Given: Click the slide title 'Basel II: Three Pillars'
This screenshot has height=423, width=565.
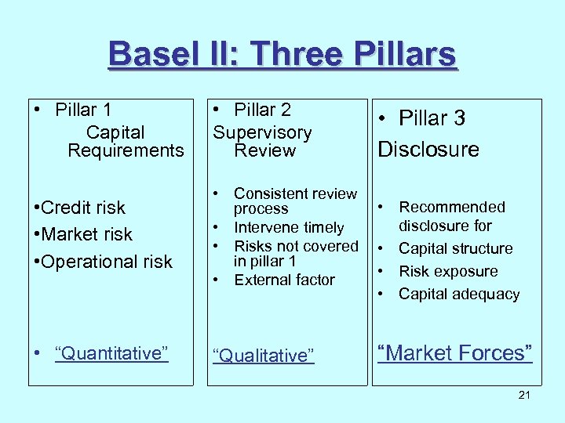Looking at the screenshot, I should coord(282,55).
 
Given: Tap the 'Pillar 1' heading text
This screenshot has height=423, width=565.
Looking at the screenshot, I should coord(84,110).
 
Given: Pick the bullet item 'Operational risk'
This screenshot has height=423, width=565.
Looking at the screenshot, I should coord(102,262).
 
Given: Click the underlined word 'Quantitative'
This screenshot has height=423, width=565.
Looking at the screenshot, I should coord(111,353).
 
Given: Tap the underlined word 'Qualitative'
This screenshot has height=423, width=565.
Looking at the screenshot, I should coord(263,356).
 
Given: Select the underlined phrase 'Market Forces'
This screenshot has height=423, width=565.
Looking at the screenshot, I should coord(455,353).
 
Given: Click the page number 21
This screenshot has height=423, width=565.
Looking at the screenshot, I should coord(524,395).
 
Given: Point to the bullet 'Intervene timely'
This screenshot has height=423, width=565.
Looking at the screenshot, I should coord(289,228).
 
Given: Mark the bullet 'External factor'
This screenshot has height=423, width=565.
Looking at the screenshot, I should coord(284,280).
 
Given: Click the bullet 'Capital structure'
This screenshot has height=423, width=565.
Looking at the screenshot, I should coord(455,248).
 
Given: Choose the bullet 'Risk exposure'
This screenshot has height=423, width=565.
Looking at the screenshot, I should coord(448,271).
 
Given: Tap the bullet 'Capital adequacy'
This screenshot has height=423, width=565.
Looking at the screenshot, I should coord(459,294).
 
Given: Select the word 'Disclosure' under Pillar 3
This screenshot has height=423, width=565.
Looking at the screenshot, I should coord(428,150).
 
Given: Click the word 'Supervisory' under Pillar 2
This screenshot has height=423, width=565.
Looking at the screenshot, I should coord(263,133).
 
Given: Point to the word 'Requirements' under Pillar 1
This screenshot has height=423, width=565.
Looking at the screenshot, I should coord(126,150).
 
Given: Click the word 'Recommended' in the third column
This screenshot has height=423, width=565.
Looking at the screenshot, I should coord(452,207).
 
